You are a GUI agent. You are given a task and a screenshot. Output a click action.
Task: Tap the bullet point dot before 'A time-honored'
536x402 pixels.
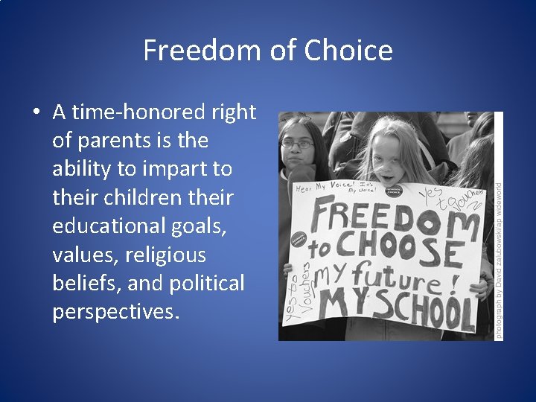click(36, 112)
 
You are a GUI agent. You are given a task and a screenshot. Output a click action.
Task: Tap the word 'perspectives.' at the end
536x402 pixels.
click(116, 312)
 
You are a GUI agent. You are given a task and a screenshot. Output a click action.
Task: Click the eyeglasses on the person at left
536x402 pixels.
click(297, 144)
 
